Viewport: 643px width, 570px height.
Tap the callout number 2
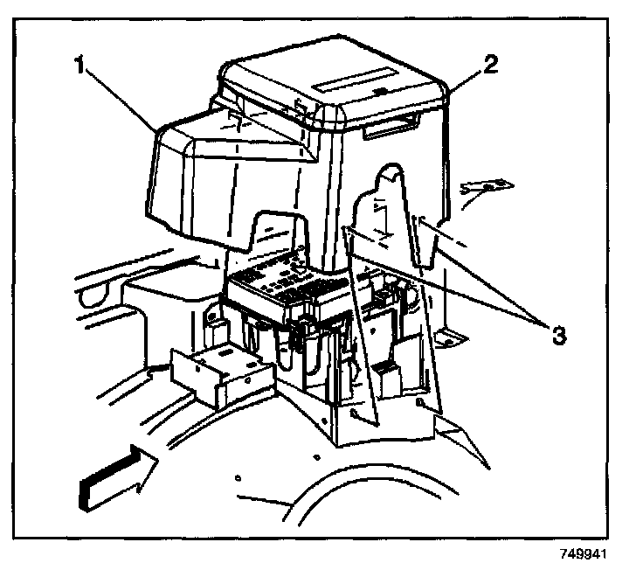click(x=491, y=66)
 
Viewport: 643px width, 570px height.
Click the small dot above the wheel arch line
click(x=238, y=479)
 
